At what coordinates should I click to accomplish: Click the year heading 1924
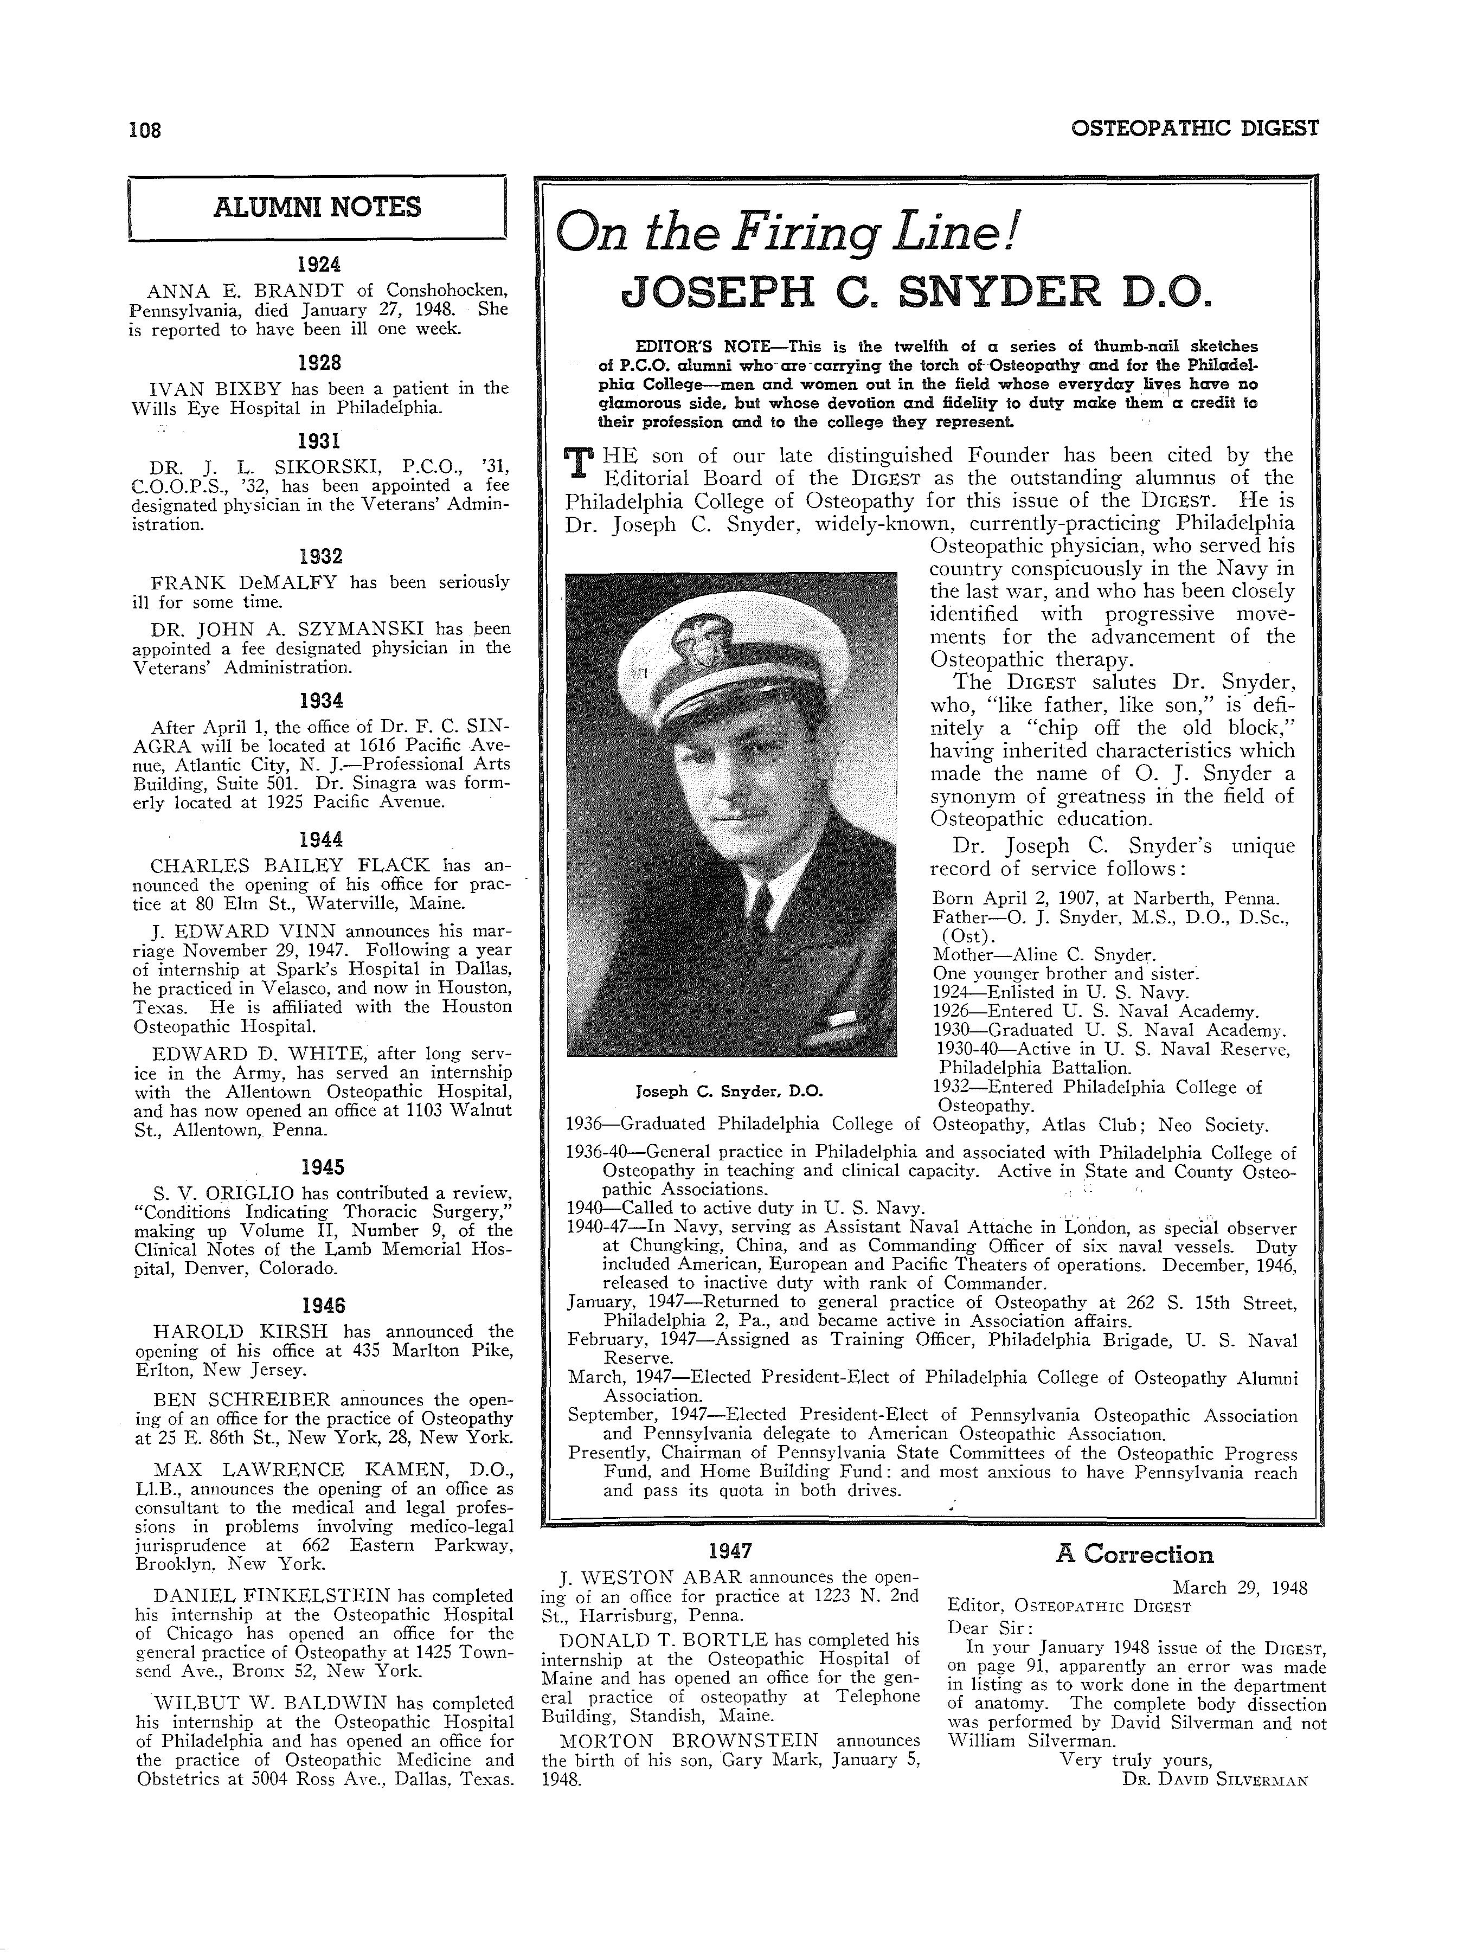tap(319, 264)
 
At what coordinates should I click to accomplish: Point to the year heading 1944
tap(320, 839)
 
